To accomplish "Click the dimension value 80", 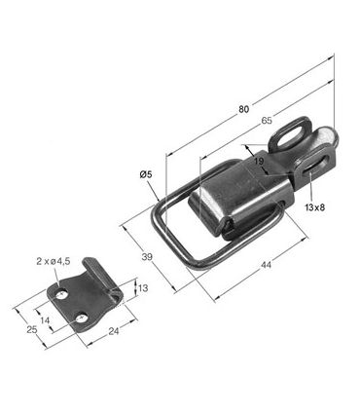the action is pos(244,109).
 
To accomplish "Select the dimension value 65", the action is pos(267,121).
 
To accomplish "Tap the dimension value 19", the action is pos(259,161).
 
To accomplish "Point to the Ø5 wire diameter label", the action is pos(146,174).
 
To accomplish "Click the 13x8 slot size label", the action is pos(315,206).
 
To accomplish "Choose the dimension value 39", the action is pos(147,257).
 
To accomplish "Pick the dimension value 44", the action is pos(266,265).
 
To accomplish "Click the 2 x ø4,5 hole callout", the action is pos(54,261).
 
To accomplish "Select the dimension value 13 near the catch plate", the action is pos(143,287).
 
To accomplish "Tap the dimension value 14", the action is pos(45,320).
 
